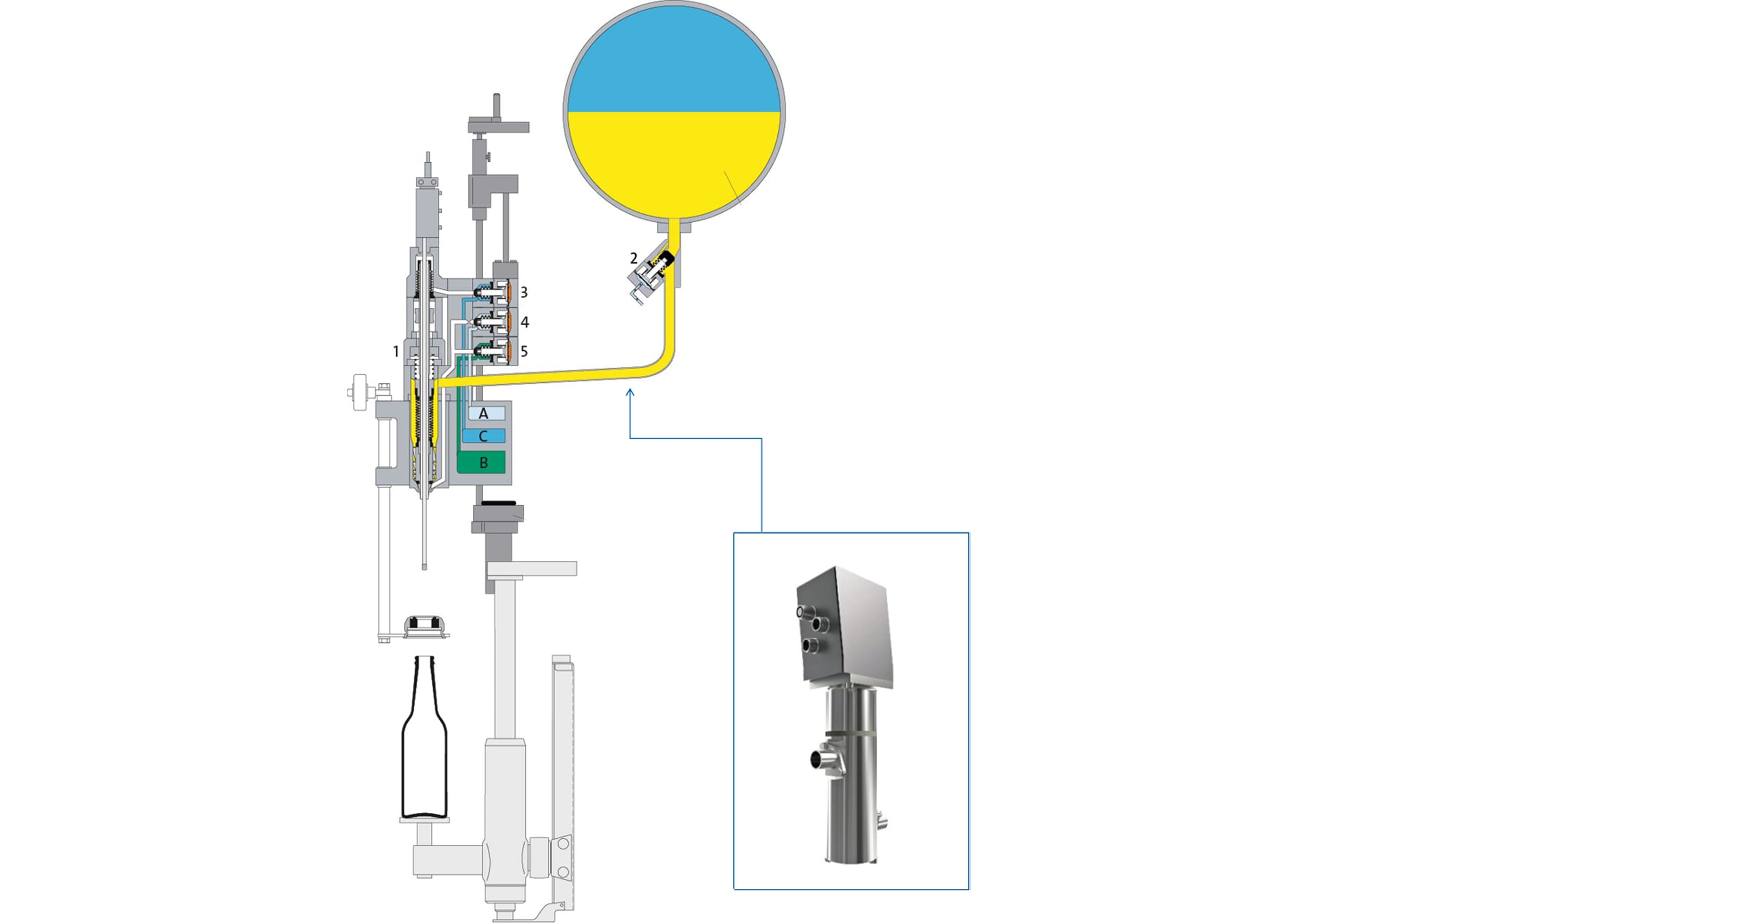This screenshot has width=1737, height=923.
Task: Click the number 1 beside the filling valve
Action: pos(396,351)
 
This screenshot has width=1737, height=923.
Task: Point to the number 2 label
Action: pos(633,258)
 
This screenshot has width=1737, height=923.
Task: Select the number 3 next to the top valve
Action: pos(524,293)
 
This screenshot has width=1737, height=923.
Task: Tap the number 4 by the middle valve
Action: pos(524,323)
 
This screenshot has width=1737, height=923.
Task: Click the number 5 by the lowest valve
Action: pos(524,351)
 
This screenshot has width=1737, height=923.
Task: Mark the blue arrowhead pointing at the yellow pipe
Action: pos(630,393)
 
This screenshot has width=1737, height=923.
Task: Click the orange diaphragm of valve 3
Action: pos(506,292)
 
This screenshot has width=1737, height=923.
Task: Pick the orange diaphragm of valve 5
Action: pos(506,351)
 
